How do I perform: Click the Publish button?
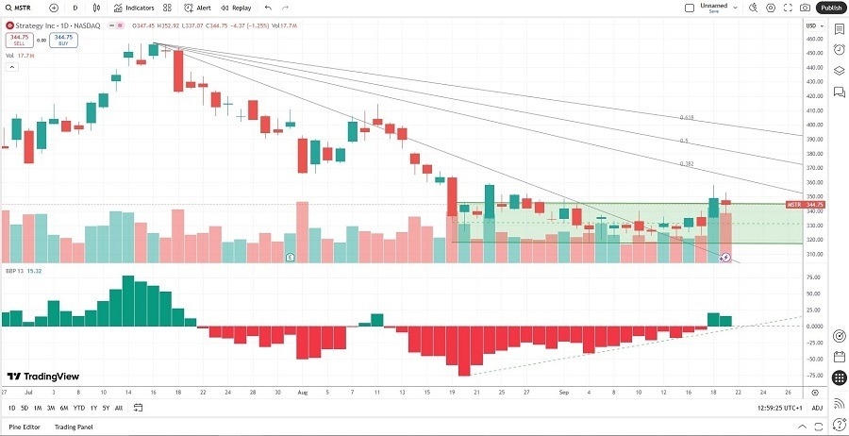pyautogui.click(x=830, y=8)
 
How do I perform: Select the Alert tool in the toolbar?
pyautogui.click(x=197, y=8)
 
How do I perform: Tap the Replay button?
pyautogui.click(x=237, y=8)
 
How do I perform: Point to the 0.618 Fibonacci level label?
pyautogui.click(x=687, y=118)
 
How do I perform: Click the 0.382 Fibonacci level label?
pyautogui.click(x=687, y=163)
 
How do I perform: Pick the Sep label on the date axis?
pyautogui.click(x=562, y=391)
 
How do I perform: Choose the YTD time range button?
pyautogui.click(x=78, y=408)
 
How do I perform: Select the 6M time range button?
pyautogui.click(x=63, y=408)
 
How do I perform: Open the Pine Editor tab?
pyautogui.click(x=25, y=428)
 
